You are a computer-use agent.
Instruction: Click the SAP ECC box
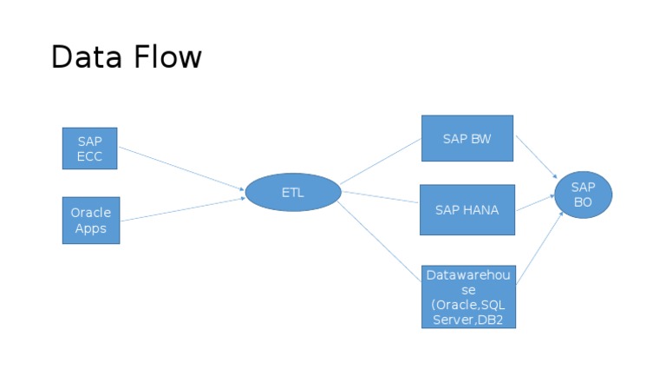(x=89, y=148)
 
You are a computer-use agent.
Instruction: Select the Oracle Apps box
(x=90, y=220)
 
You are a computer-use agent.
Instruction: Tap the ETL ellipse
(x=292, y=193)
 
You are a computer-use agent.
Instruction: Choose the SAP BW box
(x=467, y=138)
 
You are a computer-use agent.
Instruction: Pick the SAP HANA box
(x=467, y=209)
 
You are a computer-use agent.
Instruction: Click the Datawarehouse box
(x=467, y=297)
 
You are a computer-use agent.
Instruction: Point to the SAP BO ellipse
(x=583, y=194)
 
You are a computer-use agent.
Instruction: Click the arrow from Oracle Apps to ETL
(x=182, y=208)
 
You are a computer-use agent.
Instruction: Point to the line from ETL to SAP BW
(x=380, y=162)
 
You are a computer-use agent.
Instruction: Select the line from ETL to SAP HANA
(x=380, y=195)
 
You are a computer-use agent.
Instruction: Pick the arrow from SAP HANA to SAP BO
(x=534, y=204)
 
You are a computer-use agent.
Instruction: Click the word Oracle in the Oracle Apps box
(x=90, y=213)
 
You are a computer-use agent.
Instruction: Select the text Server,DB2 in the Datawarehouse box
(x=468, y=320)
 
